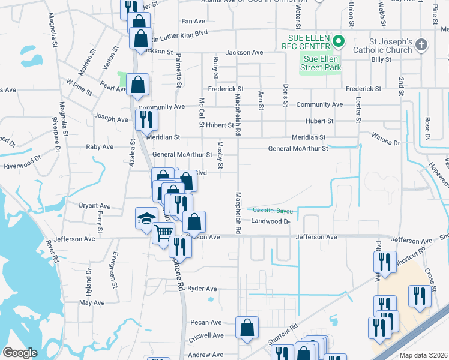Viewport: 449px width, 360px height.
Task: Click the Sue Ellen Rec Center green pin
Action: coord(339,41)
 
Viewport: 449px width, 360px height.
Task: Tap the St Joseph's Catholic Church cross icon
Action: coord(421,44)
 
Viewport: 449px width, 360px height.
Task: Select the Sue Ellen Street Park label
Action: coord(321,63)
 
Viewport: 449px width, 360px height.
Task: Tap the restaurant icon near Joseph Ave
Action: coord(146,119)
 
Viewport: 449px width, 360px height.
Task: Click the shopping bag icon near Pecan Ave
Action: coord(247,327)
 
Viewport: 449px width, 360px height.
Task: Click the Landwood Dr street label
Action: coord(270,221)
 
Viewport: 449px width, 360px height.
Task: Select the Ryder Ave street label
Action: coord(202,289)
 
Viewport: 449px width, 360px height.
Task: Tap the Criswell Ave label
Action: coord(206,335)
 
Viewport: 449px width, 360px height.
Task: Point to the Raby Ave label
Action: coord(100,147)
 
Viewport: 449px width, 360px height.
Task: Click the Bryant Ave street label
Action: coord(95,206)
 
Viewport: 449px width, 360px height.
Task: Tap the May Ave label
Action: coord(92,303)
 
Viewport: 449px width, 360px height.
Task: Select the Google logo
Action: coord(20,353)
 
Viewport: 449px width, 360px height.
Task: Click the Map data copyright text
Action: coord(424,355)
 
